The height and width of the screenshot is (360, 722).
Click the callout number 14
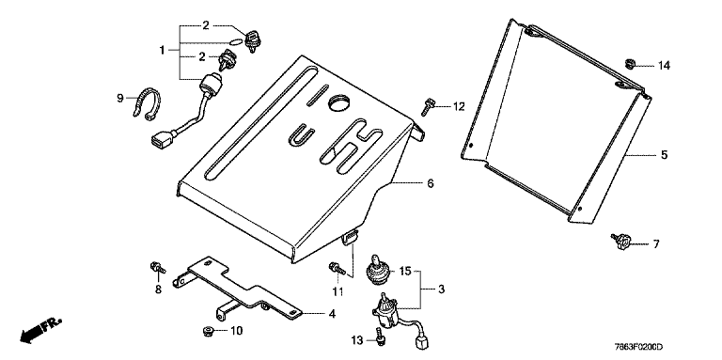tap(664, 66)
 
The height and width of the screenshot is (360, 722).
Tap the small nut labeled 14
tap(630, 63)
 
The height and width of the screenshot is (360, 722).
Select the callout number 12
tap(458, 107)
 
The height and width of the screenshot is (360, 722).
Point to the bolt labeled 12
tap(426, 107)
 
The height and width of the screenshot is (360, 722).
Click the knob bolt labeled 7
tap(621, 241)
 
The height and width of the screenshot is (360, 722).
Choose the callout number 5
tap(664, 155)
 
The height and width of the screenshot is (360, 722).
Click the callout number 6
tap(430, 183)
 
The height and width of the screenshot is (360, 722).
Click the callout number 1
tap(162, 50)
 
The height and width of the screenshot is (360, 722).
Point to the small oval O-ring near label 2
tap(235, 41)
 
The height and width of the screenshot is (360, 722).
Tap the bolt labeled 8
tap(157, 267)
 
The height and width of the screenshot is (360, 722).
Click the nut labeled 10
tap(207, 331)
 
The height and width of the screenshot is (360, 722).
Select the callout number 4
tap(332, 315)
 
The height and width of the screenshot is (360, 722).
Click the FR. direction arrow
tap(39, 331)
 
